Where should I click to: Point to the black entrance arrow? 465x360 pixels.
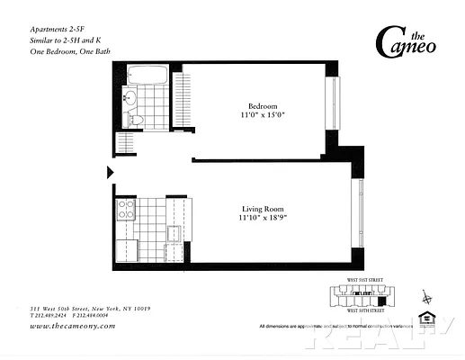tap(111, 171)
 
